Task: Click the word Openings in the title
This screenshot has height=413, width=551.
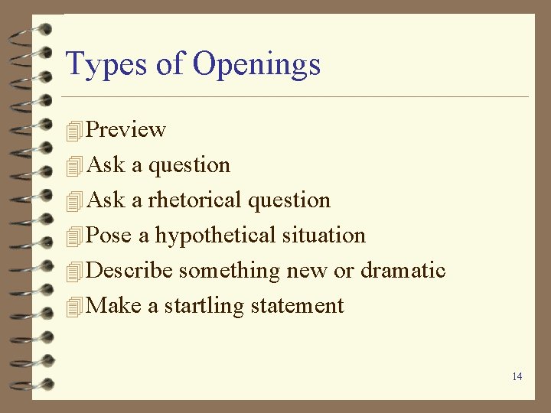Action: point(256,65)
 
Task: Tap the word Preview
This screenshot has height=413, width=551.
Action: point(126,130)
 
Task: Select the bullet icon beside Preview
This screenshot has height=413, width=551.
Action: point(73,131)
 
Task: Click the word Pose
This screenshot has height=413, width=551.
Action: point(109,236)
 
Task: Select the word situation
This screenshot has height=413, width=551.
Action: point(324,236)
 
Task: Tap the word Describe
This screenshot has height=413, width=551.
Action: point(131,271)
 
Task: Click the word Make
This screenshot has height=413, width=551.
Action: point(114,306)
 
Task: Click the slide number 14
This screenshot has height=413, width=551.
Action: point(517,376)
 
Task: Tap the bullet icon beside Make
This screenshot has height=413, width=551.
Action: point(73,307)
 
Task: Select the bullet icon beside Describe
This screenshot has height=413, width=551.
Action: point(73,272)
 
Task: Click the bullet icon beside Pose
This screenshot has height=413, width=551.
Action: point(73,236)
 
